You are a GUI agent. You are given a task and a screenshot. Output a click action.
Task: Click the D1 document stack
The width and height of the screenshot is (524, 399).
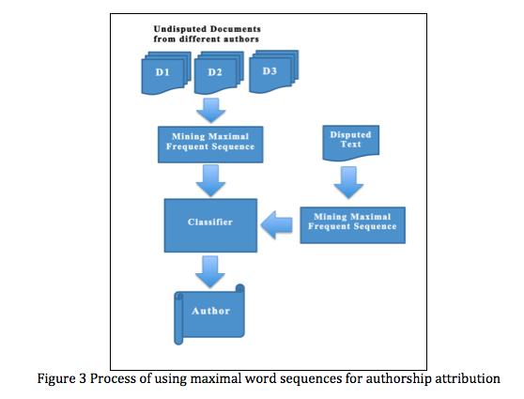coord(166,73)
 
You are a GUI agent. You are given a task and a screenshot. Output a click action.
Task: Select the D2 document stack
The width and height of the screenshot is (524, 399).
coord(219,73)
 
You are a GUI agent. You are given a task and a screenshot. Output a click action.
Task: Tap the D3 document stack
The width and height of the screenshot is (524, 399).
coord(273,71)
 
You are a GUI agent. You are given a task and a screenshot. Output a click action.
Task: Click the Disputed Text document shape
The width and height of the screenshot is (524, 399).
coord(351,143)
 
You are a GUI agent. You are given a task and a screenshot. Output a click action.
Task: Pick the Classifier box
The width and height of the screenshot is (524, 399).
coord(210,225)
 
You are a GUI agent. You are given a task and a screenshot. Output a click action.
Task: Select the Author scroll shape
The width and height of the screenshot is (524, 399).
coord(209,315)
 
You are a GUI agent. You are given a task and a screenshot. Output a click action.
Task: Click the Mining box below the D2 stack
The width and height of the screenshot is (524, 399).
coord(210,145)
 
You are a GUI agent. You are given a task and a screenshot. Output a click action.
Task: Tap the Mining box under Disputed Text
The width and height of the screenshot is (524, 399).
coord(352,225)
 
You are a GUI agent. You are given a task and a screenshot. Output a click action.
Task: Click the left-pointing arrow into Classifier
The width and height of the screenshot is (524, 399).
coord(276,225)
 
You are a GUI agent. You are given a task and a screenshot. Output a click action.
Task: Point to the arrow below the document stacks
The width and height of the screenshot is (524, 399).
coord(211,110)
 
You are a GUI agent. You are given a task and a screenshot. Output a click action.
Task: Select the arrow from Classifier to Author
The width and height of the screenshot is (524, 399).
coord(210,271)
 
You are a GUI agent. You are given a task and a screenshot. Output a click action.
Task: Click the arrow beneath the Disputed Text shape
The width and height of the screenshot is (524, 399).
coord(348,183)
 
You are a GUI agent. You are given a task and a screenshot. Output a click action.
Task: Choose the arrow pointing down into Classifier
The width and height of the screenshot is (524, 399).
coord(211,181)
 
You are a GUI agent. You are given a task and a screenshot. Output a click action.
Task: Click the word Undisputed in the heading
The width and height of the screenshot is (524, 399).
coord(177,29)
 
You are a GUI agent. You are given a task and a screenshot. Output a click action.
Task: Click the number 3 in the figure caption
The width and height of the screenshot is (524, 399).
coord(83,379)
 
